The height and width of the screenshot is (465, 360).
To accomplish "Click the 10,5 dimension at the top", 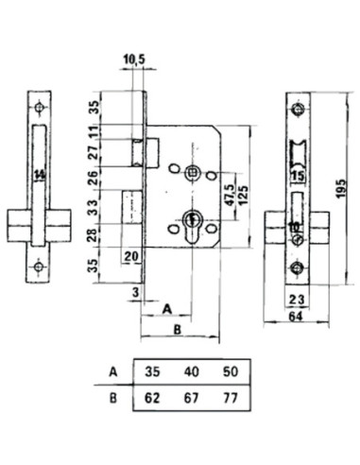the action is coord(134,60).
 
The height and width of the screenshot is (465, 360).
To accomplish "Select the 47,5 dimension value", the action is coord(231,195).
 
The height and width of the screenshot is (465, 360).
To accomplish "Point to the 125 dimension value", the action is coord(243,196).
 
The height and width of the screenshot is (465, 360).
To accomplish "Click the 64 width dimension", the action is coord(296,317).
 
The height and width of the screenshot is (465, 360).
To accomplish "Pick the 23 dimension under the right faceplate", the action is coord(298,300).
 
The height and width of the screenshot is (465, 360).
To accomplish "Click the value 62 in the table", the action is coord(152,399).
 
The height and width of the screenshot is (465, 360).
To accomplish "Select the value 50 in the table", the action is coord(231,371).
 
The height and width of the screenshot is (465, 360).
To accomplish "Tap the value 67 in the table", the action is coord(192,399).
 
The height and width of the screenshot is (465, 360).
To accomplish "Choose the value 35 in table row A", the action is coord(152,371).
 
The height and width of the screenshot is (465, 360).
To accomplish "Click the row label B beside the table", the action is coord(113,398).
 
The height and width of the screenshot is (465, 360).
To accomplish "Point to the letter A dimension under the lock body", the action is coord(167,309).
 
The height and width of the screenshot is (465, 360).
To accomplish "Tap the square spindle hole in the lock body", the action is coord(192,172).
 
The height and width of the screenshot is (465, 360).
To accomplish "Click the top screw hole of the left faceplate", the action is coord(40,108).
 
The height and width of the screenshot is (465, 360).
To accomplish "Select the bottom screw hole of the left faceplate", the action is coord(39,267).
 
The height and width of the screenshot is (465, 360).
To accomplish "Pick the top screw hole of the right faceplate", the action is coord(298,109).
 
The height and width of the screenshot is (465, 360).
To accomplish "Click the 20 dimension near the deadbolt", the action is coord(131,257).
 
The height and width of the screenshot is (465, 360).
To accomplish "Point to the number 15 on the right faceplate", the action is coord(298,176).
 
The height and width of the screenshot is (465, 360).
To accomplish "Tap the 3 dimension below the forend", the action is coord(136,292).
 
